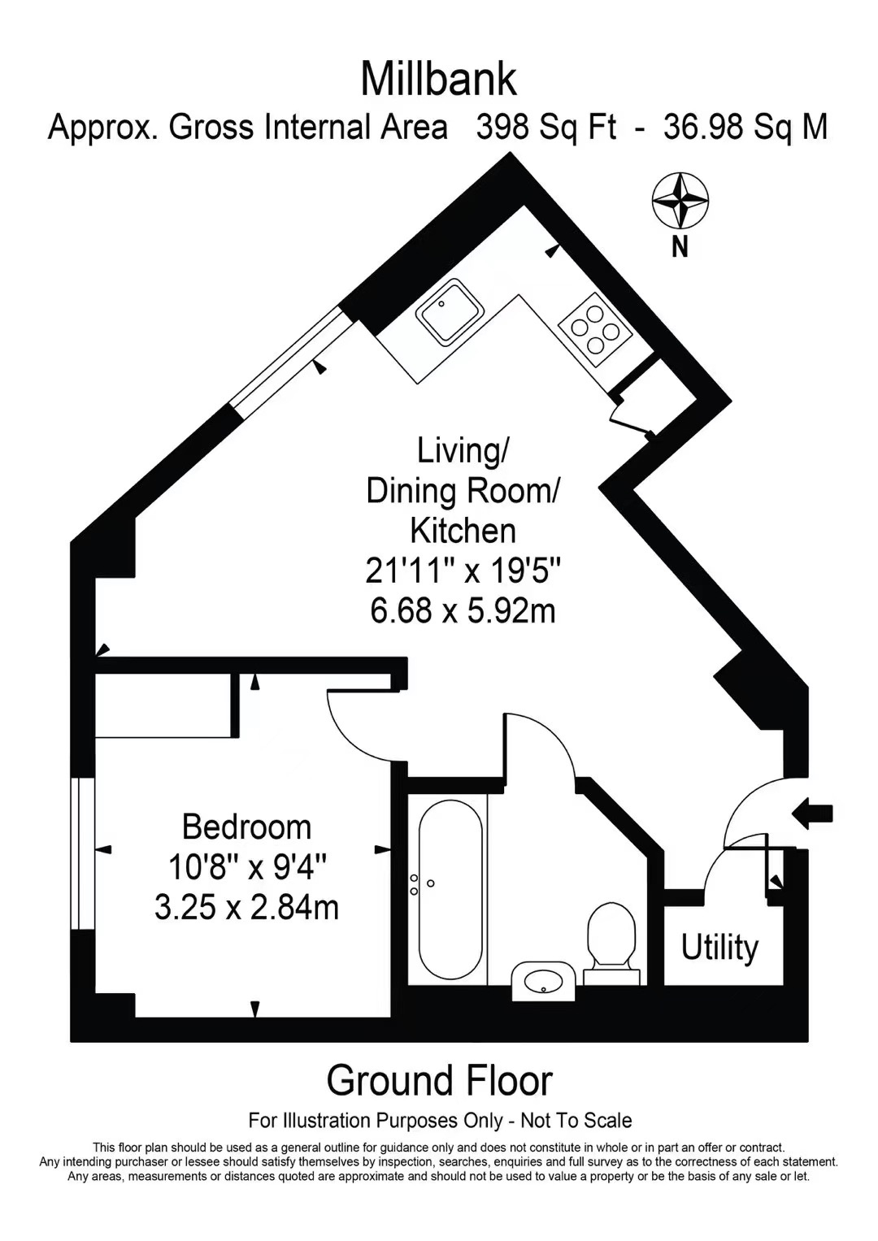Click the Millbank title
438,80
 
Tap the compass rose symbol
680,201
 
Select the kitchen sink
450,312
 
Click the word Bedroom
246,827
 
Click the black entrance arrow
813,813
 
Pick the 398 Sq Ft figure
546,128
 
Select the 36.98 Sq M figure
745,128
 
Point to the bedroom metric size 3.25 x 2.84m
246,909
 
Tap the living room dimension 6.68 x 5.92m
463,611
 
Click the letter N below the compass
680,247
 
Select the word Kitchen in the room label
463,531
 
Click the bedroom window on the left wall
83,853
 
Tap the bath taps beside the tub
420,884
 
